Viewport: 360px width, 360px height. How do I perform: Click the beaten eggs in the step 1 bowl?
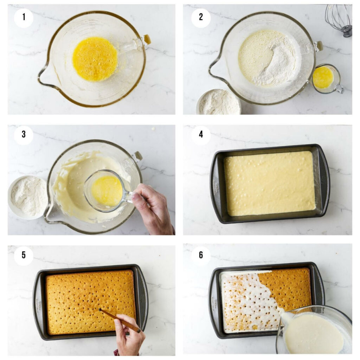95,59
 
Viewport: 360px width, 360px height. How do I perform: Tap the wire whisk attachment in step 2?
339,19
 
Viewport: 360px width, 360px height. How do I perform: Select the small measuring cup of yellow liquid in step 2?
323,78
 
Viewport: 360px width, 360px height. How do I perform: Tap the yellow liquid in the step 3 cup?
107,191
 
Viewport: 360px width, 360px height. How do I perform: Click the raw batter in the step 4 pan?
270,183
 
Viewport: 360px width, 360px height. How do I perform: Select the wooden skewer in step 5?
120,320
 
